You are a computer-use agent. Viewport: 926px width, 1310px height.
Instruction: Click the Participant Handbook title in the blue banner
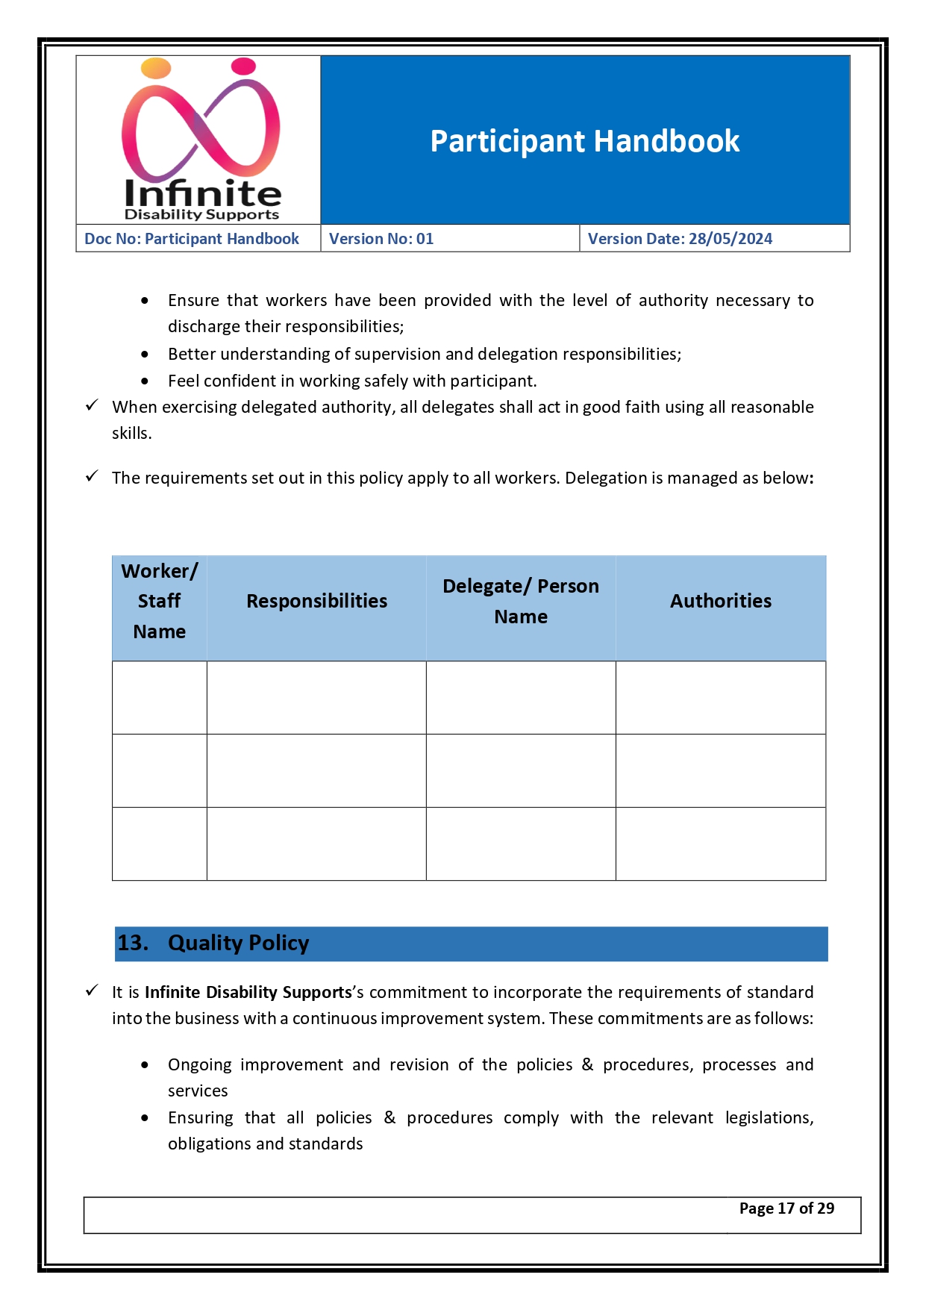pos(584,141)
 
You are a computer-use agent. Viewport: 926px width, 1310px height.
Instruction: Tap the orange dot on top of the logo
pos(156,69)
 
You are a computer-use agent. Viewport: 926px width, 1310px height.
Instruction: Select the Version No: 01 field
pos(381,239)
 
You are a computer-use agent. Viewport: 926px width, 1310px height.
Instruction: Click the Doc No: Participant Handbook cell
pos(192,239)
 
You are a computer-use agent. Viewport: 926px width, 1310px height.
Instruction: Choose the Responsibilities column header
pos(316,601)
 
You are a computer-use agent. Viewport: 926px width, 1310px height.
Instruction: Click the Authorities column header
pos(720,601)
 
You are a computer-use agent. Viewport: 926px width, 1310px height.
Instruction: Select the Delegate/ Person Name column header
pos(521,601)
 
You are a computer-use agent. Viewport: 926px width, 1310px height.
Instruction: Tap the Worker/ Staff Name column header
pos(159,601)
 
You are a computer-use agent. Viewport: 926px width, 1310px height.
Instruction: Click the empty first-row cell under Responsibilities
pos(316,697)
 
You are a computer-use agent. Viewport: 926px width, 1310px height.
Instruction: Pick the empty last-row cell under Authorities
pos(720,843)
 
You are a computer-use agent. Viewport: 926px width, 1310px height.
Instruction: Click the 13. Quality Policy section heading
pos(239,943)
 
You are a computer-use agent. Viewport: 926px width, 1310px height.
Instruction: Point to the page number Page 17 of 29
pos(786,1208)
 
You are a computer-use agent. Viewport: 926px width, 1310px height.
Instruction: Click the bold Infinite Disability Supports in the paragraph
pos(248,992)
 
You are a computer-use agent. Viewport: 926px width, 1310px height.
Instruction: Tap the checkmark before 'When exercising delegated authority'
pos(92,405)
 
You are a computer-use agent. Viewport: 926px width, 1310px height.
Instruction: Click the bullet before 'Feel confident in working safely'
pos(145,381)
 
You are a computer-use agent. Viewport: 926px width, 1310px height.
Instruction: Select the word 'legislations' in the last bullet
pos(768,1117)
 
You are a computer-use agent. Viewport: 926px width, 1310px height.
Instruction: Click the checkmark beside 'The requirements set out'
pos(92,476)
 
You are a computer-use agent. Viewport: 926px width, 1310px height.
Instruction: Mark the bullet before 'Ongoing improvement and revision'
pos(145,1065)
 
